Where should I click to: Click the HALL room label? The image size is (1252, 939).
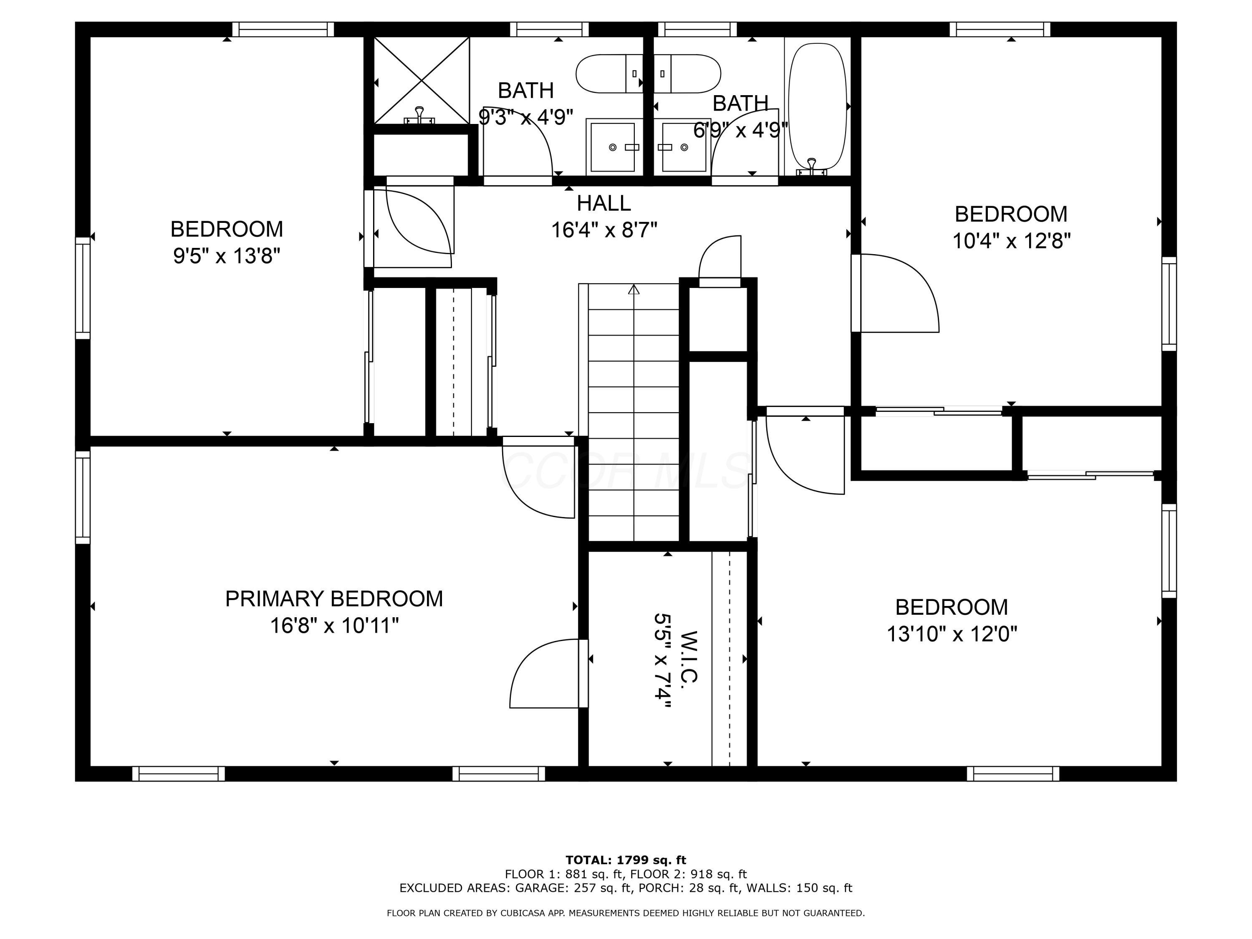pyautogui.click(x=603, y=203)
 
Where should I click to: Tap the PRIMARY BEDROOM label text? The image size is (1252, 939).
pyautogui.click(x=334, y=599)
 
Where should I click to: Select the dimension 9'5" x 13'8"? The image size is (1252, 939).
pyautogui.click(x=226, y=256)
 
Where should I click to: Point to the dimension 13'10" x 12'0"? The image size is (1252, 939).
pyautogui.click(x=952, y=634)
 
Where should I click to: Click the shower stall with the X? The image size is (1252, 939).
pyautogui.click(x=422, y=80)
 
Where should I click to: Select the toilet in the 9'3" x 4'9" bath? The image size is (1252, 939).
pyautogui.click(x=608, y=73)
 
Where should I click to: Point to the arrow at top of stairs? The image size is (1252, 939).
pyautogui.click(x=634, y=290)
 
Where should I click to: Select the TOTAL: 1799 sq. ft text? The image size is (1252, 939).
pyautogui.click(x=626, y=860)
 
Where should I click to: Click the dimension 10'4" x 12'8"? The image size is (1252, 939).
pyautogui.click(x=1011, y=241)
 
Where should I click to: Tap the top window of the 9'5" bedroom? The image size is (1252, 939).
pyautogui.click(x=283, y=30)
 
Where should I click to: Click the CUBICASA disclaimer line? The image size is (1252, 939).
pyautogui.click(x=626, y=913)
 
